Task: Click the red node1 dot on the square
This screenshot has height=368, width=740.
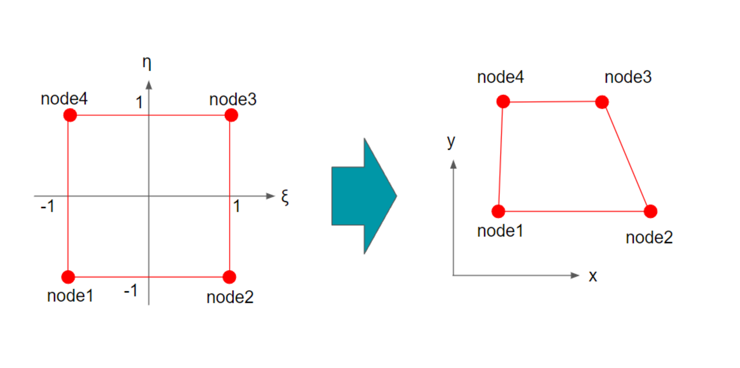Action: click(x=68, y=277)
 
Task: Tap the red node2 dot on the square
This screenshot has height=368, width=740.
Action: click(x=229, y=277)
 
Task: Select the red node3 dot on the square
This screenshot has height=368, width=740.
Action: click(x=231, y=115)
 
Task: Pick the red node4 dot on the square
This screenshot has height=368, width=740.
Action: click(x=70, y=115)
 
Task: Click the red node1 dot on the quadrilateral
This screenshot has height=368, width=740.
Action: click(x=499, y=212)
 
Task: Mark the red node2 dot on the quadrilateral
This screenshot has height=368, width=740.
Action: click(x=651, y=212)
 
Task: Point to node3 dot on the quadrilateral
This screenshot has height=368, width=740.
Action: click(x=602, y=102)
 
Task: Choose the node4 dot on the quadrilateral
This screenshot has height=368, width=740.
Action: click(x=503, y=102)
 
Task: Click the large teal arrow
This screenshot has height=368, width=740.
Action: click(x=364, y=195)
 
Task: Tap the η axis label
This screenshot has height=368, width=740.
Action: click(x=147, y=63)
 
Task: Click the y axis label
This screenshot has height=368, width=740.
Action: click(x=451, y=142)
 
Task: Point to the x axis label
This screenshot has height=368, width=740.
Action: click(x=593, y=276)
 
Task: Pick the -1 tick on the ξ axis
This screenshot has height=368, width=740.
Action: click(x=47, y=207)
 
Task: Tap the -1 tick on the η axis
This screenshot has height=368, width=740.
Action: click(x=130, y=292)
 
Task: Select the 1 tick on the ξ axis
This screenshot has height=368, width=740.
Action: click(x=236, y=207)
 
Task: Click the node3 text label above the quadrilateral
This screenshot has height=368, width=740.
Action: click(x=628, y=77)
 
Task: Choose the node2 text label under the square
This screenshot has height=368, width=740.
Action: click(x=230, y=297)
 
